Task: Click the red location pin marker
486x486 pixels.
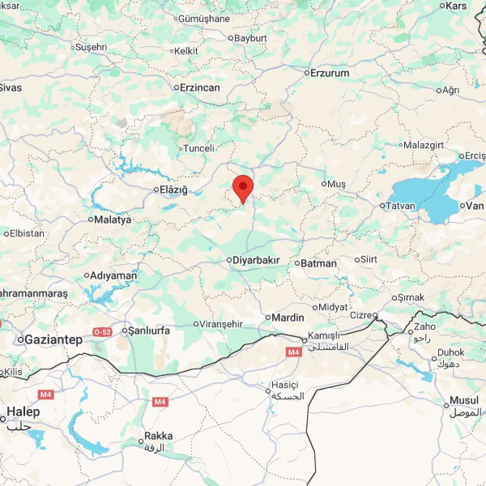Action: [x=243, y=188]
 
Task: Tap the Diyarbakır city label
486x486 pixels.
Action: [x=256, y=260]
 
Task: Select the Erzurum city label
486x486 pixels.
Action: [x=330, y=73]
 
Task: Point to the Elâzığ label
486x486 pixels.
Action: [x=173, y=190]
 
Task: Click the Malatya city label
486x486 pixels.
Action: [x=113, y=220]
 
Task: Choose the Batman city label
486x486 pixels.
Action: [x=318, y=264]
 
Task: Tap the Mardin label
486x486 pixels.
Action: [x=288, y=318]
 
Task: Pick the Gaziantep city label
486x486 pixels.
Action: [x=53, y=340]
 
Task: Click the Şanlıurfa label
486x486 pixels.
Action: [x=149, y=331]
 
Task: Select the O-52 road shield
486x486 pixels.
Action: [x=102, y=332]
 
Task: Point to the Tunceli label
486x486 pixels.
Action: [x=199, y=148]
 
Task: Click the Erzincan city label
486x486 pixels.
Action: [x=200, y=87]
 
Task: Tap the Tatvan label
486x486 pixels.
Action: [x=401, y=206]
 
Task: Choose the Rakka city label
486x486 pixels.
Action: [x=158, y=436]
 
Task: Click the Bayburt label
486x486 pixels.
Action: [x=251, y=38]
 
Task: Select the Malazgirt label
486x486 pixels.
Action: [x=424, y=145]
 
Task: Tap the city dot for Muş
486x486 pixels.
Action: [x=324, y=184]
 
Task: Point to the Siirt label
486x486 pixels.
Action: [x=369, y=260]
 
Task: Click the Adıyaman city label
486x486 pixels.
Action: [x=113, y=276]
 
